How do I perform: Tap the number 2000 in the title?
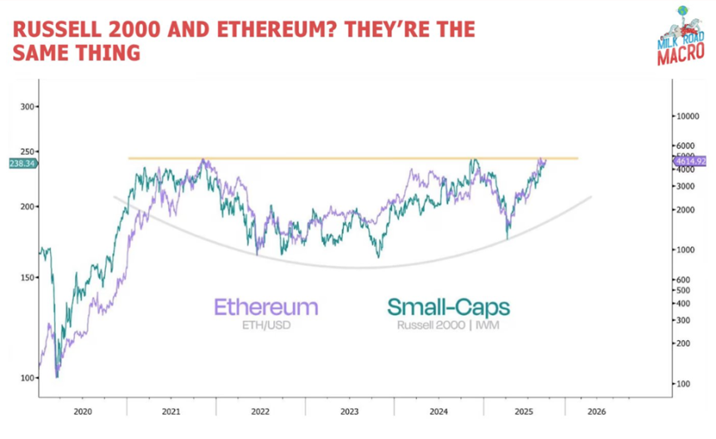(144, 30)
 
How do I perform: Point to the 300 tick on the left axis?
(28, 107)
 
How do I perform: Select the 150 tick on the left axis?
(28, 278)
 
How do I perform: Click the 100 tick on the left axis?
(28, 377)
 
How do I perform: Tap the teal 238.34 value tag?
(21, 165)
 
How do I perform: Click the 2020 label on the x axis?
(82, 412)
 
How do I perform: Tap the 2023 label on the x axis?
(350, 412)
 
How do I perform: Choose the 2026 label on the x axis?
(595, 412)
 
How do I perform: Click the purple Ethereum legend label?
(266, 307)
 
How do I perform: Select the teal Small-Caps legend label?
(447, 308)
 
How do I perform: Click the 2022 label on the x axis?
(260, 412)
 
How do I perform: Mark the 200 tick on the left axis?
(28, 206)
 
